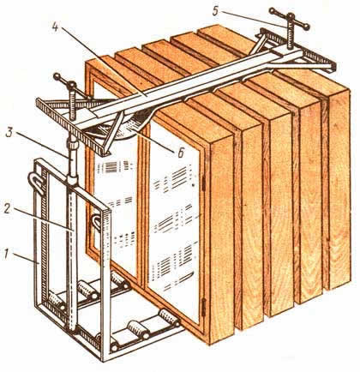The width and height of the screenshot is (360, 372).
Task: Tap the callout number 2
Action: click(8, 208)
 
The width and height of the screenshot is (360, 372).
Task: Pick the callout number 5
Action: click(216, 11)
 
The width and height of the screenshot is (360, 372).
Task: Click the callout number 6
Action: click(180, 153)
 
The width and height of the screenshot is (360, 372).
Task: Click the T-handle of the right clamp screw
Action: click(290, 18)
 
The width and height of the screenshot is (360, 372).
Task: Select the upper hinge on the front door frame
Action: click(204, 183)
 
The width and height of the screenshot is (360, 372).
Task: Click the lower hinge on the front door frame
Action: click(204, 307)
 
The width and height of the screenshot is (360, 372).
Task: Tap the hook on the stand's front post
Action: click(96, 223)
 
